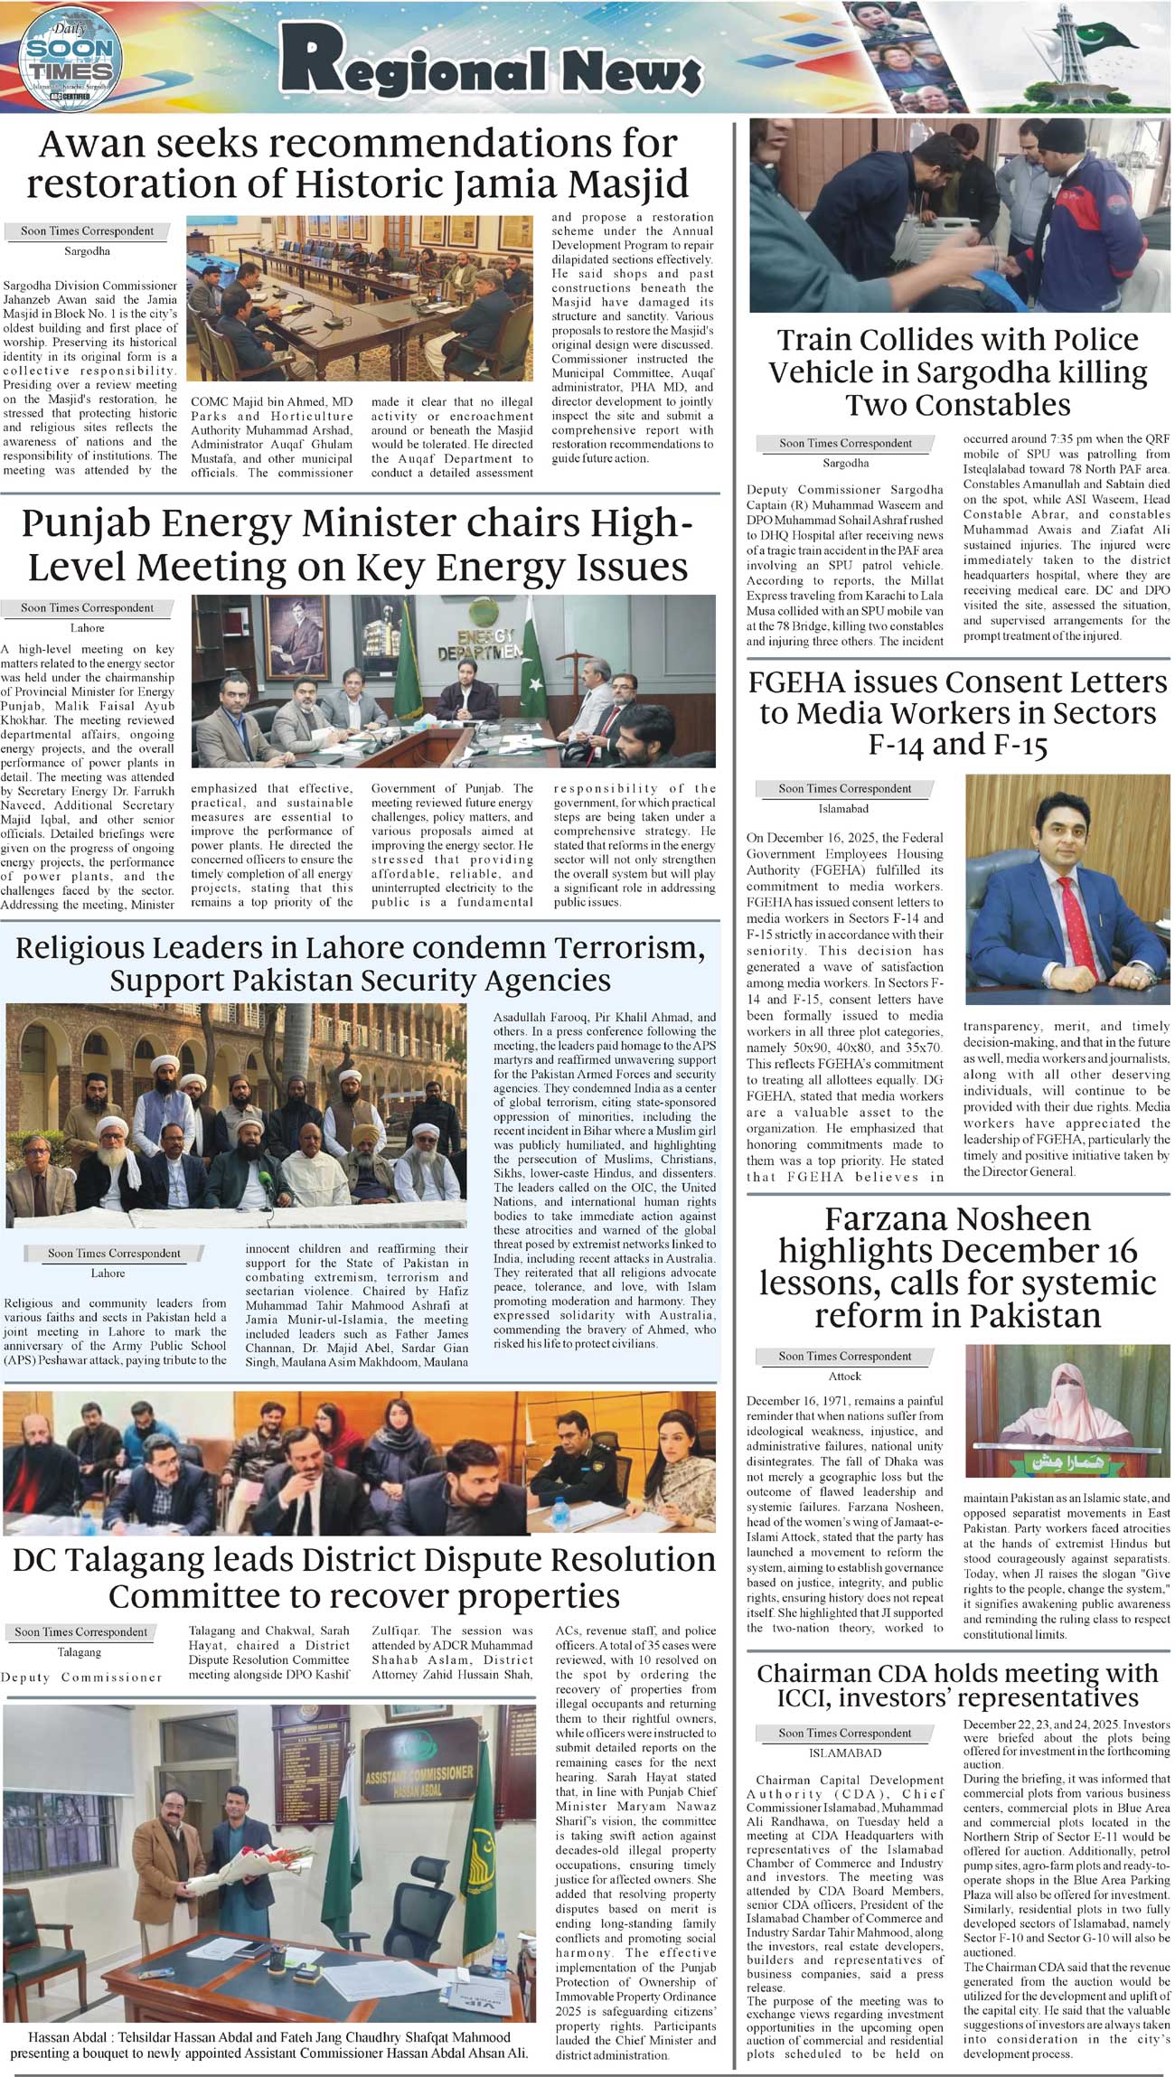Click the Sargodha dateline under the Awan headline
click(x=88, y=251)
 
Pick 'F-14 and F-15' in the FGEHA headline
click(x=957, y=745)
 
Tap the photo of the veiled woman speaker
click(x=1067, y=1412)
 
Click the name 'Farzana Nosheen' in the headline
click(x=957, y=1220)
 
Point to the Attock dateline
click(x=845, y=1377)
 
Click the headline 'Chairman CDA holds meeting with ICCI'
click(x=957, y=1686)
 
